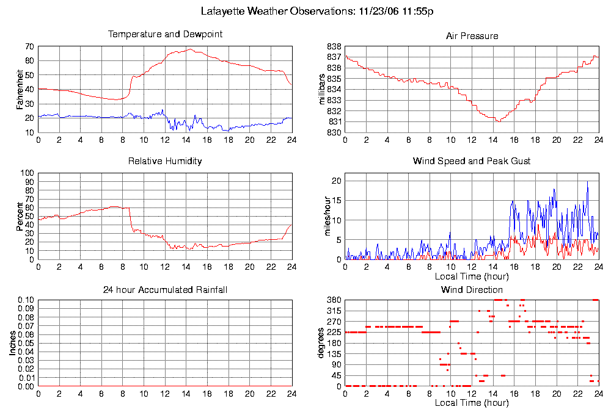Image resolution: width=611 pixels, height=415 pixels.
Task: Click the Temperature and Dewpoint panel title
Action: point(165,34)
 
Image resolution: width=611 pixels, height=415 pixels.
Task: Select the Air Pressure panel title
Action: point(472,36)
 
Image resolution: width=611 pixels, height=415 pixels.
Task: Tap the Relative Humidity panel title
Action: point(165,161)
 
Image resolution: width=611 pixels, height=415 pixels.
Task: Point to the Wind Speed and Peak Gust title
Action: point(472,161)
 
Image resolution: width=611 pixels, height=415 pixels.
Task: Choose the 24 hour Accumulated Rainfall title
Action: point(165,289)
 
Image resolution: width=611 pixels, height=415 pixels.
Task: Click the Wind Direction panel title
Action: point(472,289)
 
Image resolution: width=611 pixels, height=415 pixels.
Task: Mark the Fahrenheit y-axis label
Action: point(20,90)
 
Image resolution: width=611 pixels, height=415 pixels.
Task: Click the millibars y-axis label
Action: point(323,90)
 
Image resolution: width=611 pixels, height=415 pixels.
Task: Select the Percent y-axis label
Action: point(20,216)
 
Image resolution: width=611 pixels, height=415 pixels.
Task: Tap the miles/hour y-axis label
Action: point(323,216)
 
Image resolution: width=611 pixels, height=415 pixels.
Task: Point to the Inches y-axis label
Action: point(13,344)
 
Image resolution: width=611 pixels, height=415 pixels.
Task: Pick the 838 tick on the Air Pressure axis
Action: point(334,46)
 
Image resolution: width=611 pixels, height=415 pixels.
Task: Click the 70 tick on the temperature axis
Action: point(29,46)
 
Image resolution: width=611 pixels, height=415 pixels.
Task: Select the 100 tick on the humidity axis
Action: point(27,173)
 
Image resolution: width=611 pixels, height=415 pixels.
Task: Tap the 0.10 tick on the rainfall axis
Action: point(24,300)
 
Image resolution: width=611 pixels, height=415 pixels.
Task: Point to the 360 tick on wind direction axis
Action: point(334,300)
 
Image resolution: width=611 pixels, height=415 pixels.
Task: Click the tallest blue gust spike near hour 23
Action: point(588,182)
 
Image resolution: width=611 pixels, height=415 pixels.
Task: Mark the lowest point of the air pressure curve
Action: point(499,121)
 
